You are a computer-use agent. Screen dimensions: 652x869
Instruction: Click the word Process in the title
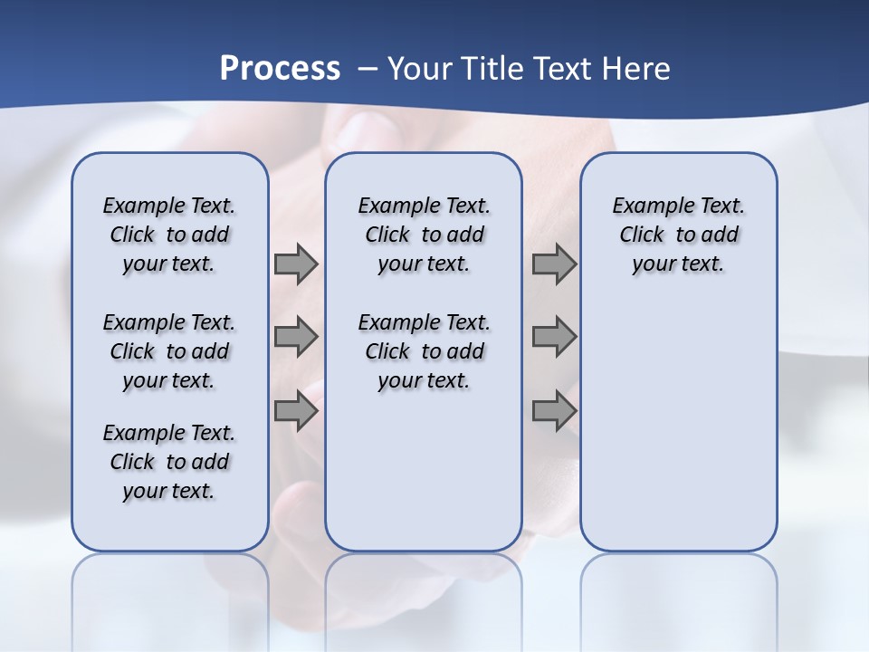(280, 69)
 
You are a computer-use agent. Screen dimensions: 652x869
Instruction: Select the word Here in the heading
(635, 69)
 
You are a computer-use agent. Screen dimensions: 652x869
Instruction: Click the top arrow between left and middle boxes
(296, 264)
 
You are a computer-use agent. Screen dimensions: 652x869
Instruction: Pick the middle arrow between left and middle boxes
(296, 337)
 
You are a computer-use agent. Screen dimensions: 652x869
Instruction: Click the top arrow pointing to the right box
(554, 264)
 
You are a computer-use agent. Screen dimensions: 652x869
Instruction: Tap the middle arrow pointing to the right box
(554, 337)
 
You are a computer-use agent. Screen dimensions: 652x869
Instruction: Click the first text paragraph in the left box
(169, 235)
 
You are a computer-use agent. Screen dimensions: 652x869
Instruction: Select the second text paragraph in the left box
(169, 351)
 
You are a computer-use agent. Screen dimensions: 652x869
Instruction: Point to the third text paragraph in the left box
(169, 462)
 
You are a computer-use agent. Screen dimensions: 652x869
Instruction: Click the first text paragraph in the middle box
(424, 235)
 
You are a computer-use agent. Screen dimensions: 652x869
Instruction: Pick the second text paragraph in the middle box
(424, 351)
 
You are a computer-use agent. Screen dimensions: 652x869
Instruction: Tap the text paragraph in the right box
(678, 235)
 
